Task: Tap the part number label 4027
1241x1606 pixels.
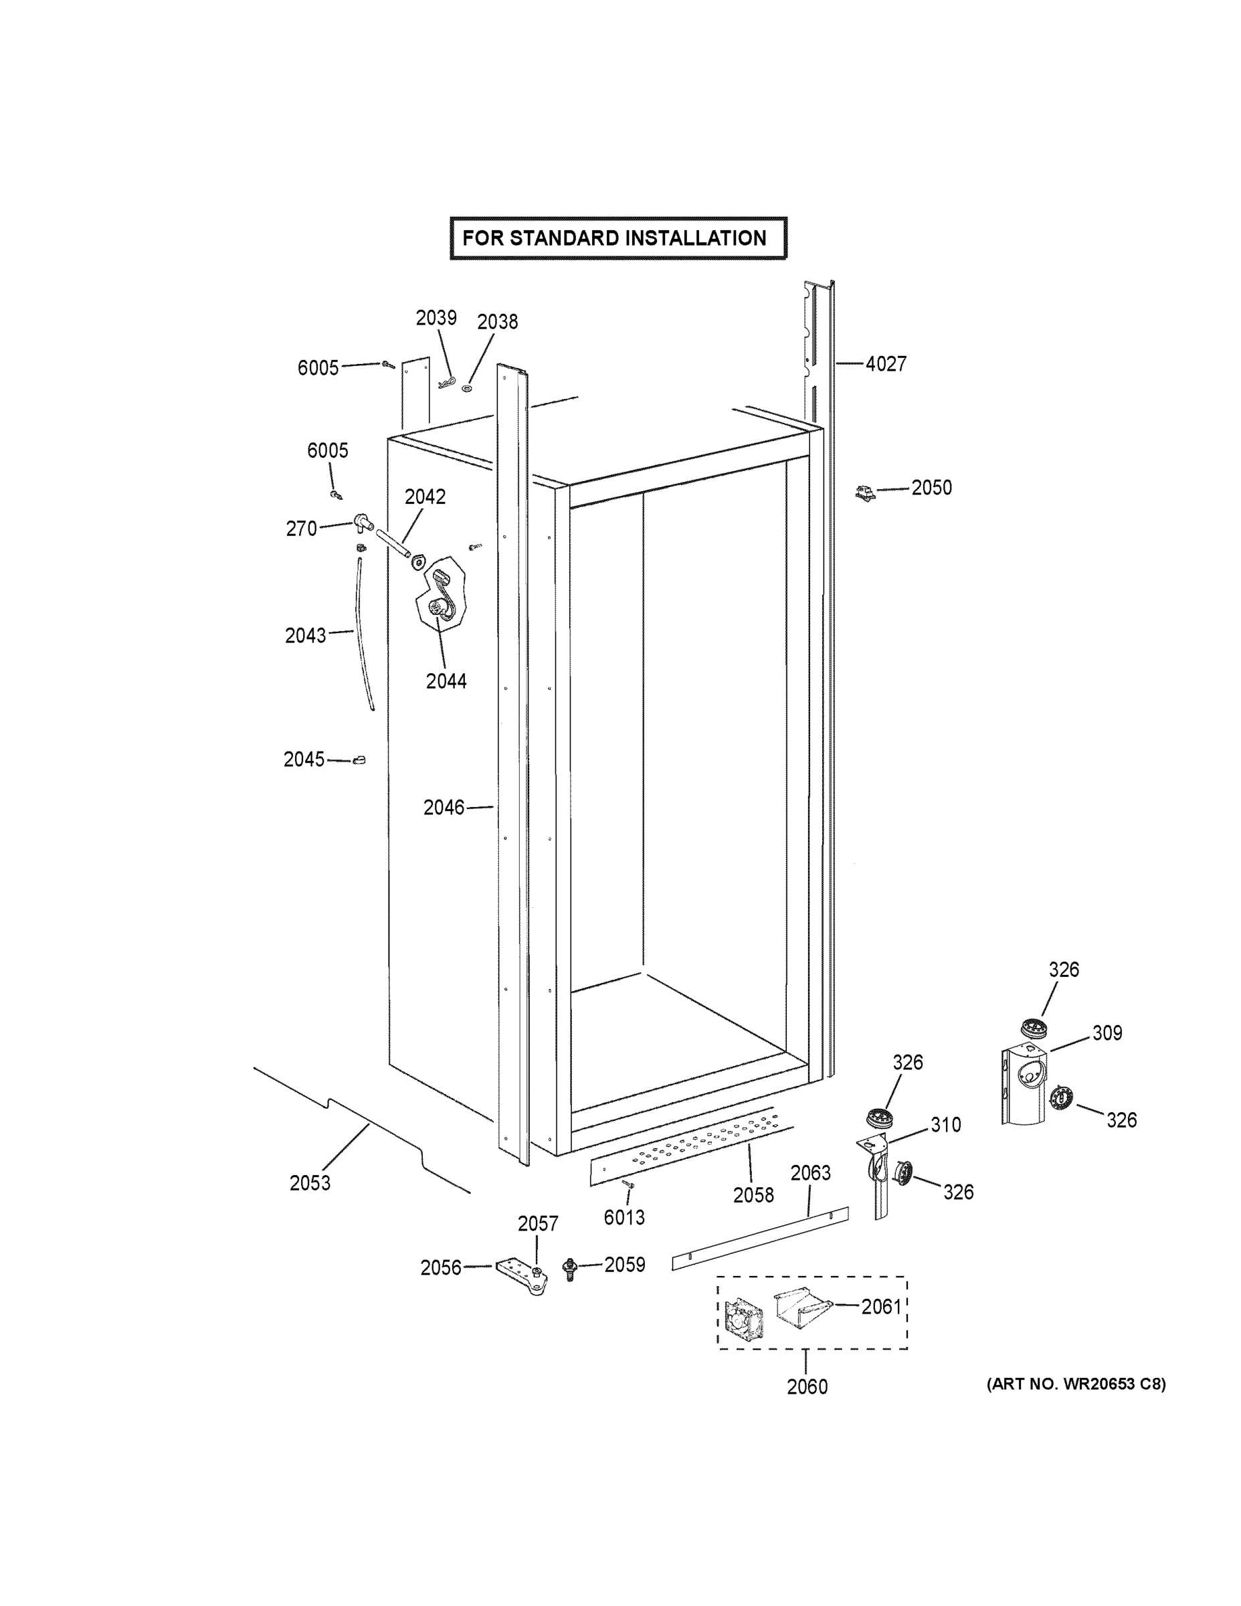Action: click(885, 363)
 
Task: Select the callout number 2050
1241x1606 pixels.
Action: click(931, 488)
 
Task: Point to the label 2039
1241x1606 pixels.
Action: click(436, 318)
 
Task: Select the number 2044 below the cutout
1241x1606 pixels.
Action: click(446, 681)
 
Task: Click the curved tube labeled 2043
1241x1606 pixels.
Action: click(364, 632)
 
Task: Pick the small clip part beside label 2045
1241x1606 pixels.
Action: click(359, 760)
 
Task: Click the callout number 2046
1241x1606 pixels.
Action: click(444, 808)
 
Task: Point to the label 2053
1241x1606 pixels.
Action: click(310, 1182)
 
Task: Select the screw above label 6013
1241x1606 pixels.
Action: click(628, 1183)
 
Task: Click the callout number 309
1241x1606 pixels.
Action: click(1107, 1033)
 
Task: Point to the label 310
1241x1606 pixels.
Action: click(945, 1124)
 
